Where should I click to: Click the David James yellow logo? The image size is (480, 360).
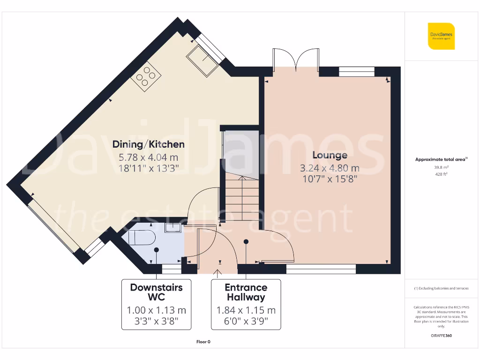tap(441, 36)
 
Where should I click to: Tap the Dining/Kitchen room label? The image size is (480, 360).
tap(148, 144)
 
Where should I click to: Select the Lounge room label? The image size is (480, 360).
tap(330, 155)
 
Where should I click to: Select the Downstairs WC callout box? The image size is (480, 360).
tap(156, 304)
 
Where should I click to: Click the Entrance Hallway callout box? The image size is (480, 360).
tap(246, 304)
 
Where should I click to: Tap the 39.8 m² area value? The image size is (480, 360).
tap(441, 166)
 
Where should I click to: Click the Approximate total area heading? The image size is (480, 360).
tap(441, 159)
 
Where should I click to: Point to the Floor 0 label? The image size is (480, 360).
tap(203, 342)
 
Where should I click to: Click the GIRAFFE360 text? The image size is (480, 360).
tap(441, 336)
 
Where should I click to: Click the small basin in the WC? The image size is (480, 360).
tap(172, 227)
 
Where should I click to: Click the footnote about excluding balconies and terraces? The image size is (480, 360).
tap(441, 288)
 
